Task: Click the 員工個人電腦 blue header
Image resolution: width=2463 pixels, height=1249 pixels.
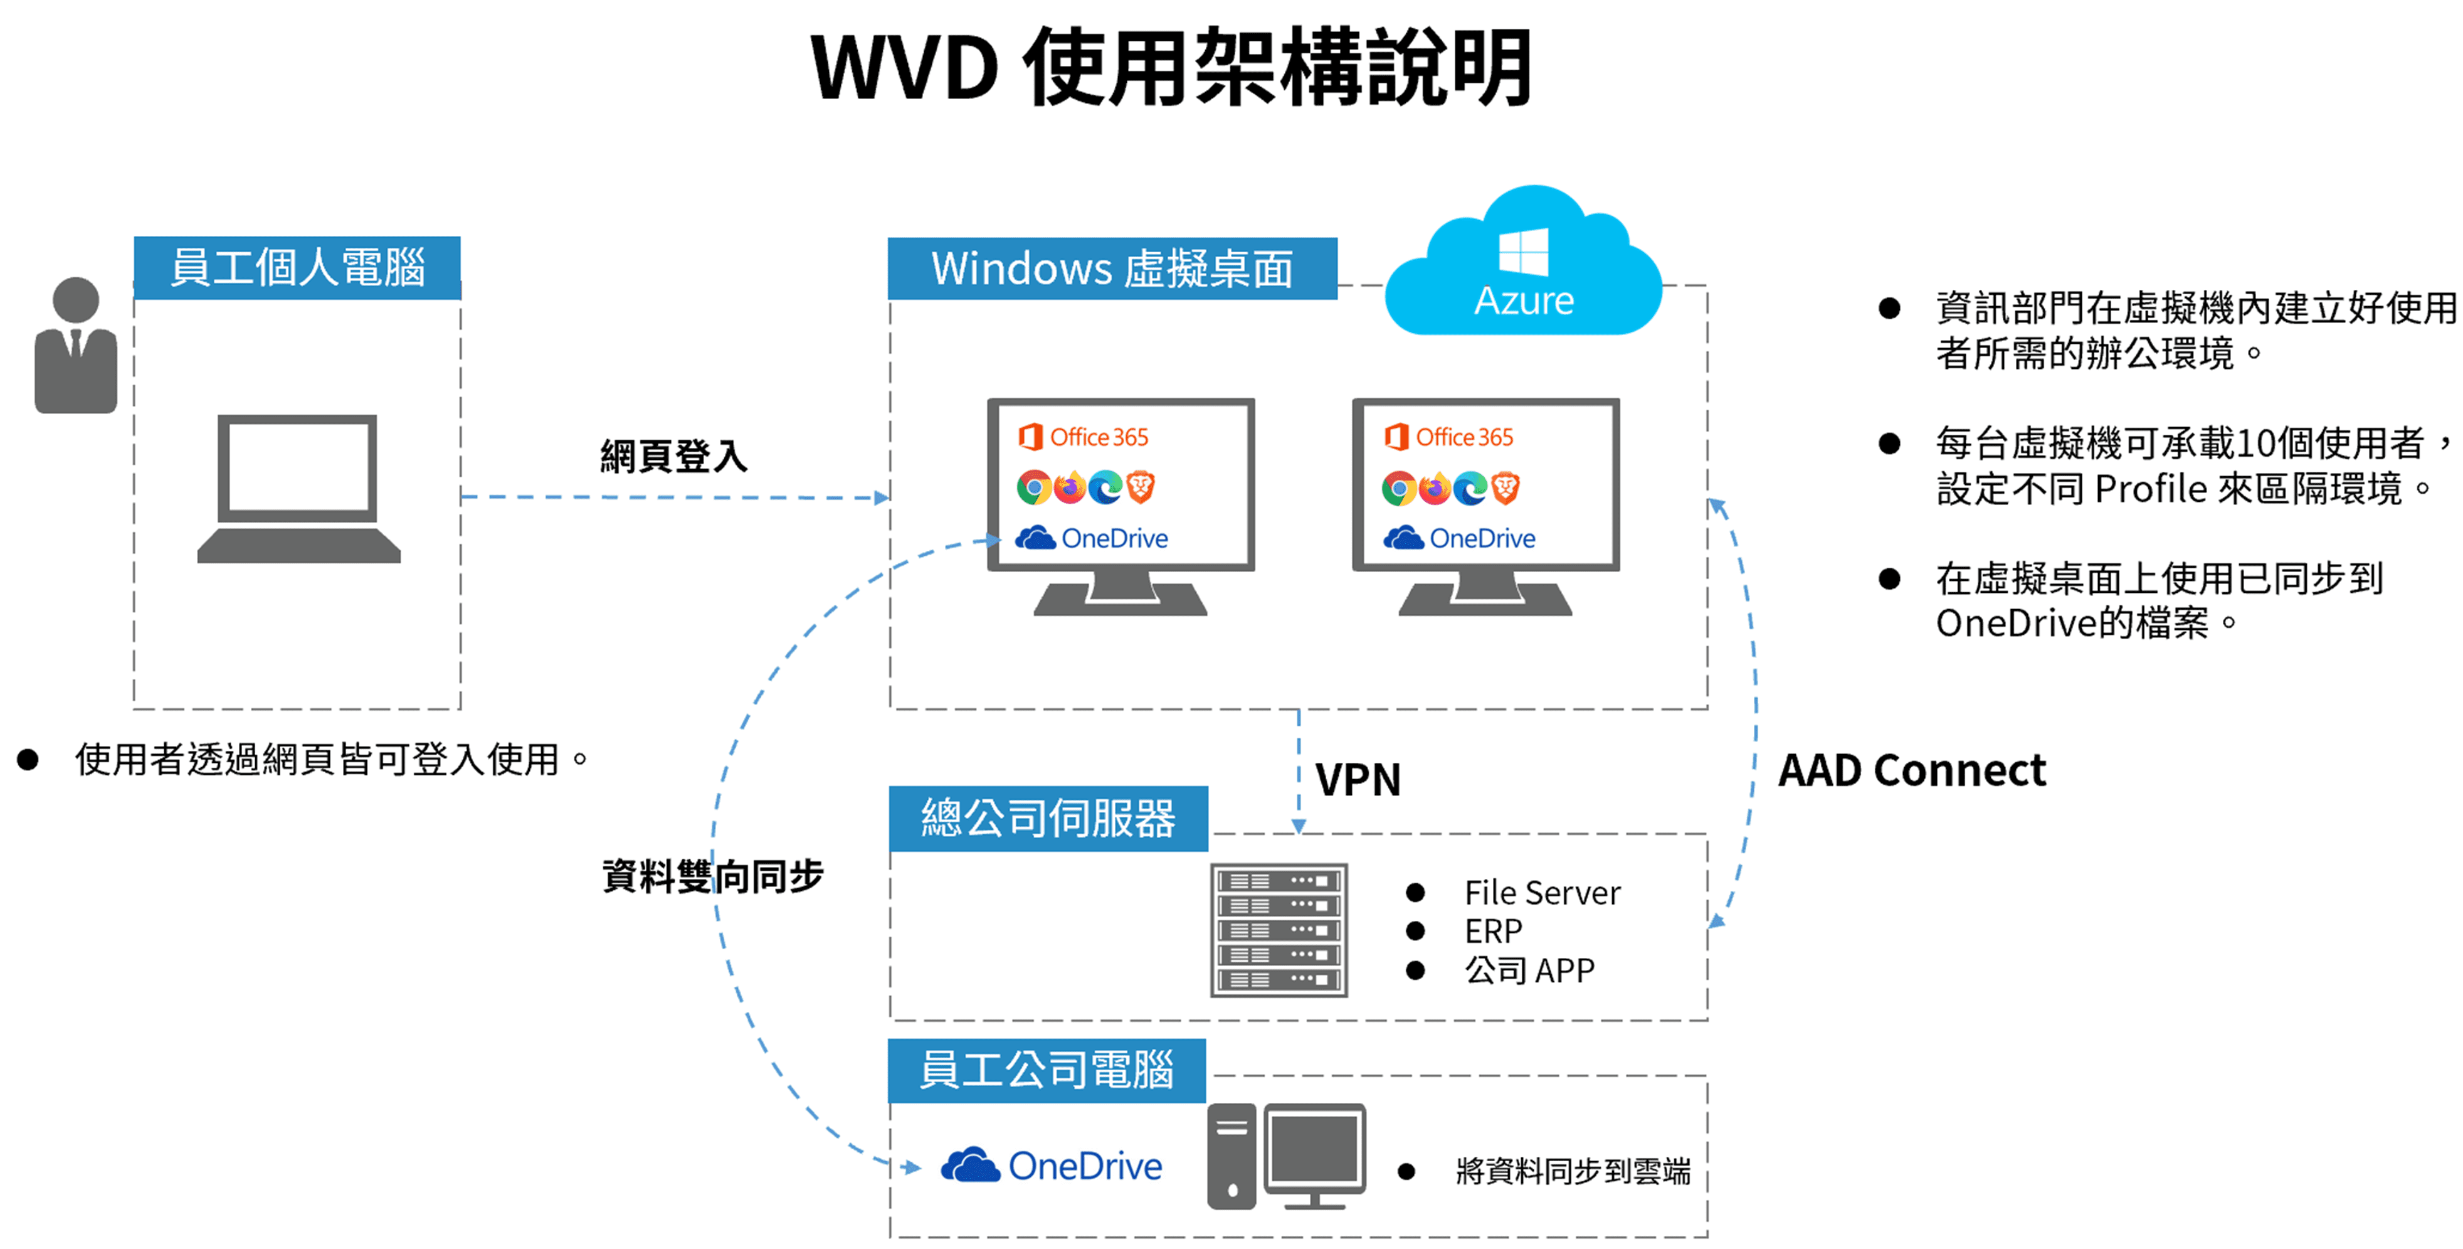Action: tap(297, 268)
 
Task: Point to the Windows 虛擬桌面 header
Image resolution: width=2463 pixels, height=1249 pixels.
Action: tap(1112, 268)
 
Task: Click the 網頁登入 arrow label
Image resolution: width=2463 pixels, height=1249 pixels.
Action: tap(673, 456)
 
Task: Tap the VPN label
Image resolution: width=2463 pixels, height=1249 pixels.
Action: tap(1358, 779)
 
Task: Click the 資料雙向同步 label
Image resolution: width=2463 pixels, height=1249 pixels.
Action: tap(712, 876)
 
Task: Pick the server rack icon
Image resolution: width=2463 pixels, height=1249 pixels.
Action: tap(1279, 930)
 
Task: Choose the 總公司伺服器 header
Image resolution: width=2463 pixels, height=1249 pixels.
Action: tap(1048, 819)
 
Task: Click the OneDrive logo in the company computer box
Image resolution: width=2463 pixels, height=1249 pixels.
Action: tap(1052, 1166)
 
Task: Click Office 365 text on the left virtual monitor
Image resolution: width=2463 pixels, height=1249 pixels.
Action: tap(1099, 437)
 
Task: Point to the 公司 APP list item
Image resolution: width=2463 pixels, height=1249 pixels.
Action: tap(1529, 970)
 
